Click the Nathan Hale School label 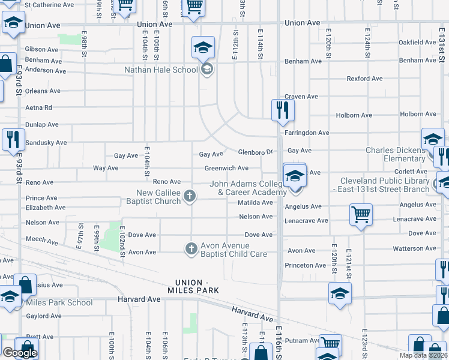[161, 70]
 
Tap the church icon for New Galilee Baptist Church [190, 196]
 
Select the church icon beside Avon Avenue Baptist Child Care [191, 248]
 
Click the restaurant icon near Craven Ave [281, 110]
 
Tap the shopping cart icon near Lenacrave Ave [361, 214]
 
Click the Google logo [19, 353]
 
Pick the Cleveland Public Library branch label [384, 185]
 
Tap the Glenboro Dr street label [256, 152]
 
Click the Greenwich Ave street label [226, 169]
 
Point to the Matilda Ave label [255, 203]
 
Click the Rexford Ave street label [364, 79]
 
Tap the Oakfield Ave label [417, 43]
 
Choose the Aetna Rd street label [39, 107]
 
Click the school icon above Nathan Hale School [203, 47]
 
